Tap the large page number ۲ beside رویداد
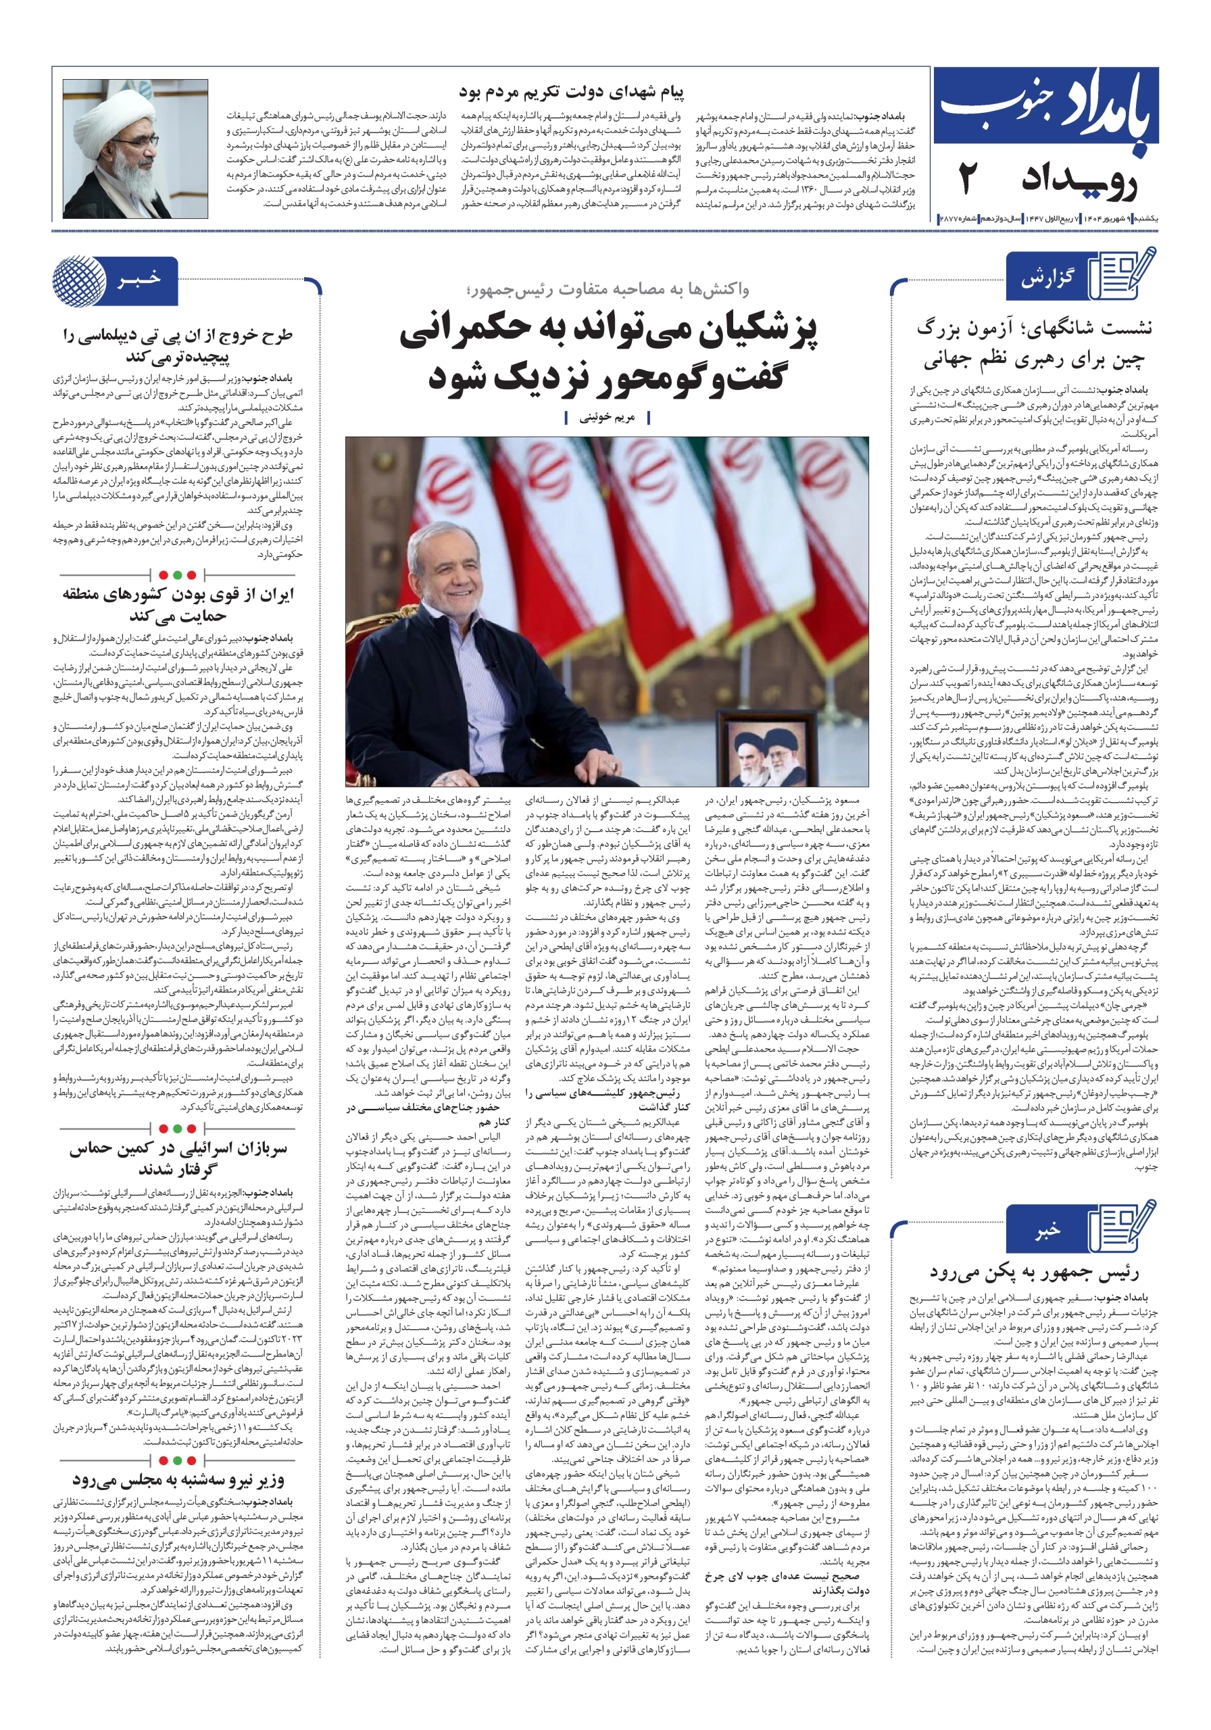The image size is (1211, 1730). click(968, 180)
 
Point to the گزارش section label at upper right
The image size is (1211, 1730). click(1047, 279)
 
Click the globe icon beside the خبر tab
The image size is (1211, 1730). click(78, 281)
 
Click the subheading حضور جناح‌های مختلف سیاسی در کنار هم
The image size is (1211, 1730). click(428, 1114)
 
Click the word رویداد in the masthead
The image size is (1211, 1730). click(1079, 180)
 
